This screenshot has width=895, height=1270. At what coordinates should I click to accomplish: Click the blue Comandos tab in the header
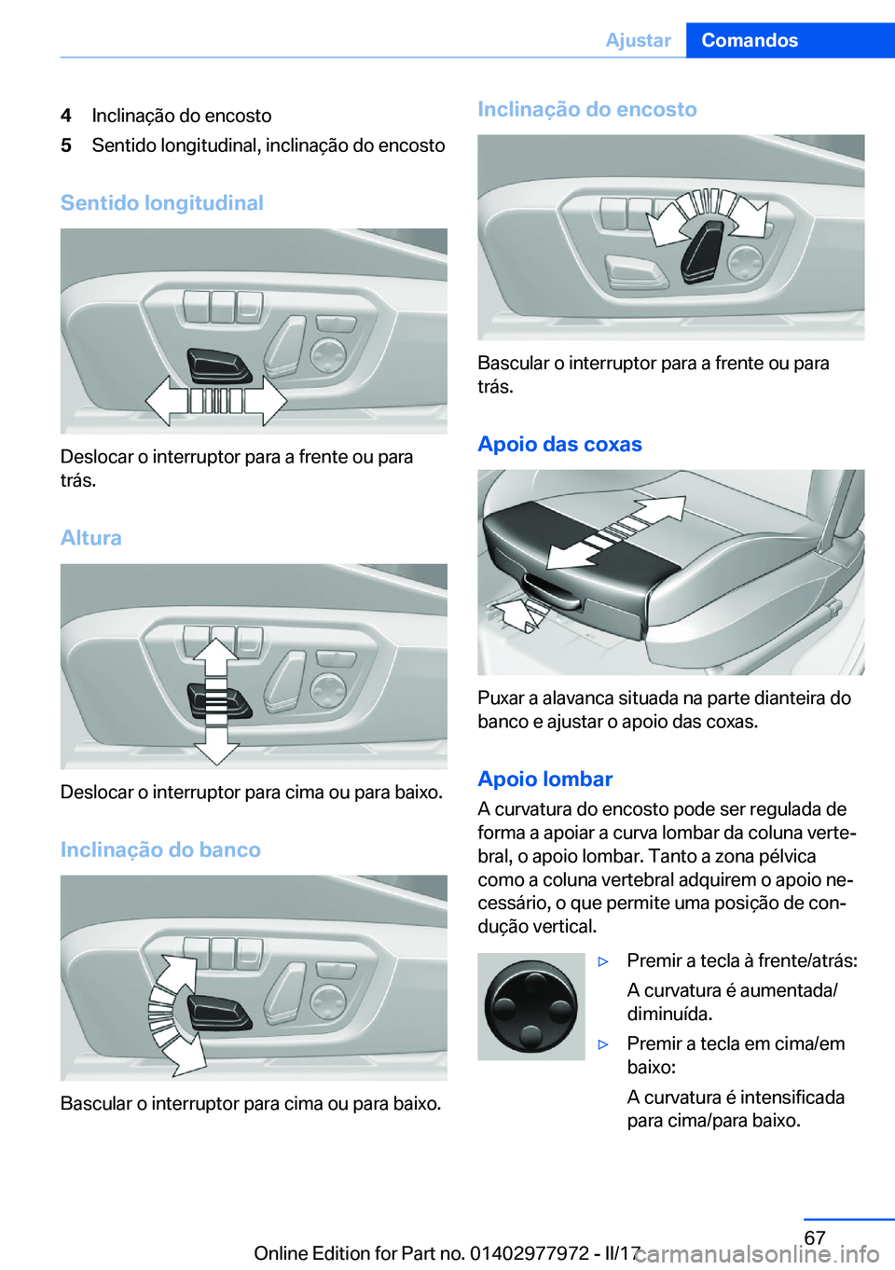tap(791, 40)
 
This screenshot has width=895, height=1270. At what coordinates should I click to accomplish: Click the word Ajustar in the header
tap(639, 40)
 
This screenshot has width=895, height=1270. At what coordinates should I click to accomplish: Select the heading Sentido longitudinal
tap(162, 203)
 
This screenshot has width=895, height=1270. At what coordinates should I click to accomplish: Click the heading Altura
tap(91, 537)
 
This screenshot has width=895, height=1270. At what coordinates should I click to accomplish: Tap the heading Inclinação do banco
tap(161, 849)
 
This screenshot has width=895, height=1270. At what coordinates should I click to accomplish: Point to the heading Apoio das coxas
tap(560, 444)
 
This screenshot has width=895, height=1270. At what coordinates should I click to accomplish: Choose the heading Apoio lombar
tap(545, 779)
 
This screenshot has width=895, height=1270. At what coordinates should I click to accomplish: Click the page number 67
tap(815, 1237)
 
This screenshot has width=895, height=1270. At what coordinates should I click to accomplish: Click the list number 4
tap(66, 116)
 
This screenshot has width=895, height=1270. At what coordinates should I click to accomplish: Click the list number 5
tap(66, 145)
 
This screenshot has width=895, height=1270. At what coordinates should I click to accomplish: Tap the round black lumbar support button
tap(531, 1006)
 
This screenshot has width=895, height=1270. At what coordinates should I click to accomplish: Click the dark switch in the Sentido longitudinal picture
tap(219, 366)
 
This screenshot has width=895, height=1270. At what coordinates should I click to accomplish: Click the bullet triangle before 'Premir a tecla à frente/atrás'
tap(603, 961)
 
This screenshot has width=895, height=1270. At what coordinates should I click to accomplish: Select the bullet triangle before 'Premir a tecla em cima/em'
tap(603, 1044)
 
